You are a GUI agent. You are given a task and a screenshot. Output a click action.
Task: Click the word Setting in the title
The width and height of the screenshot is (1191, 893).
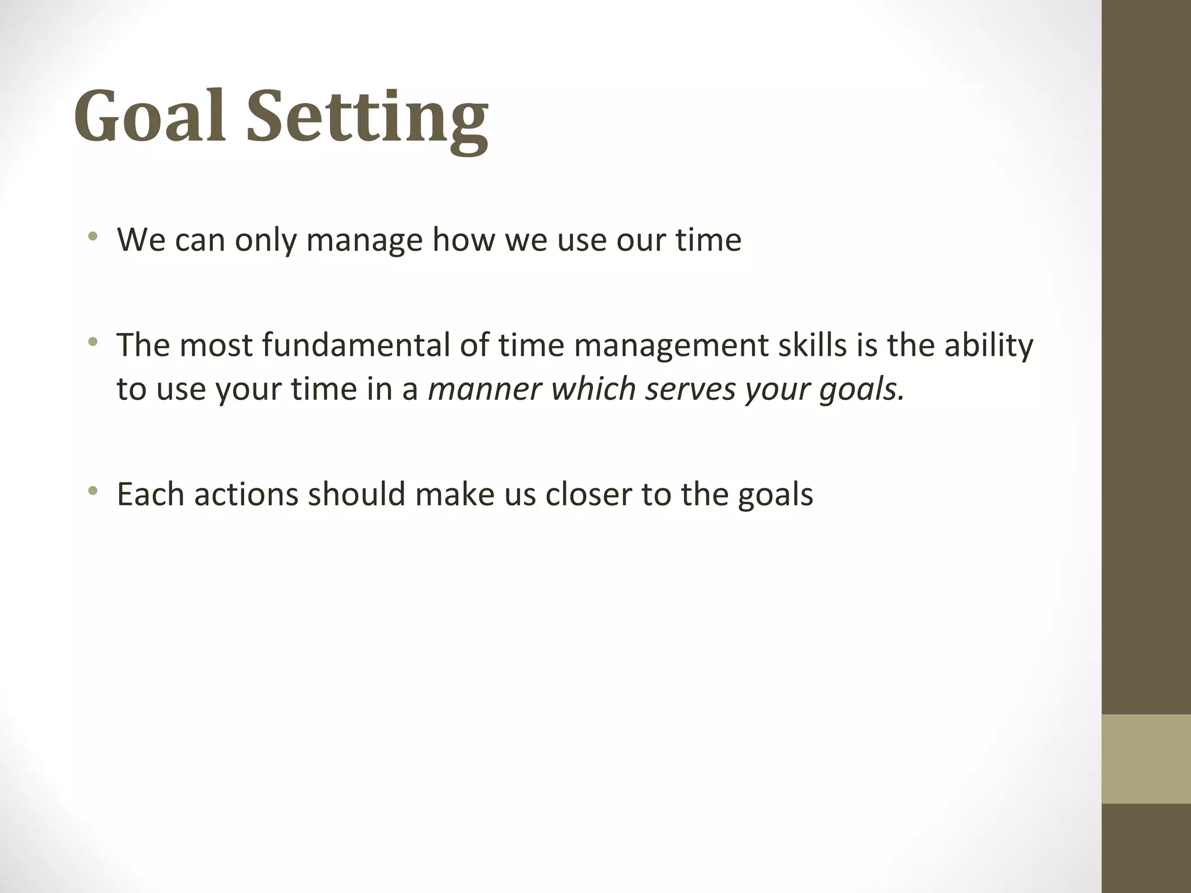click(367, 119)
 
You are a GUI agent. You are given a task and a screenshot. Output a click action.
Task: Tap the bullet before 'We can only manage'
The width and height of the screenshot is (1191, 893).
click(92, 237)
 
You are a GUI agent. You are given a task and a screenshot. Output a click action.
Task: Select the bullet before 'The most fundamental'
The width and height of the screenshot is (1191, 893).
click(92, 342)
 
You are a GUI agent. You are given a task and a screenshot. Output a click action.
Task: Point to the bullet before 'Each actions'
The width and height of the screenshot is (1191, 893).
click(92, 492)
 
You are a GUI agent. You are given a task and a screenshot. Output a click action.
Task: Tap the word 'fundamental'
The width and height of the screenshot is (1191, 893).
click(355, 345)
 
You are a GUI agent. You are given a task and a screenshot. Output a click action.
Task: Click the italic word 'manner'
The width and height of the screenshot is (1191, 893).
click(485, 389)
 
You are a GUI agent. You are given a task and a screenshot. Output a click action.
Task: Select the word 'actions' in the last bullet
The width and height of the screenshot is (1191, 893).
click(246, 495)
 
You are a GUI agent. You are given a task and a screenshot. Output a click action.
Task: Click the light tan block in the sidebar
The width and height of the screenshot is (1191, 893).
click(1146, 759)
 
